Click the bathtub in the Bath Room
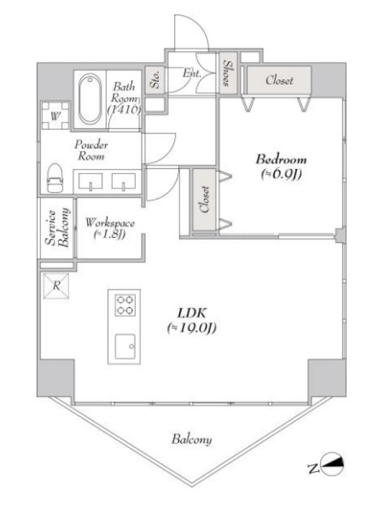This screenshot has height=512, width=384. (90, 99)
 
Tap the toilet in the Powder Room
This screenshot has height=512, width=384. (55, 178)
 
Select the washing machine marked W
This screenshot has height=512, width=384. (56, 116)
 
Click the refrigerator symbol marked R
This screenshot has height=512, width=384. (56, 286)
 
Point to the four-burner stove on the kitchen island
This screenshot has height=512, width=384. (125, 305)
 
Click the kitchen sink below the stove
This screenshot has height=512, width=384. (125, 346)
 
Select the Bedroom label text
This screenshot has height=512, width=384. (281, 159)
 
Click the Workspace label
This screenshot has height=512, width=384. (110, 223)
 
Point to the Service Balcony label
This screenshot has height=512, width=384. (58, 228)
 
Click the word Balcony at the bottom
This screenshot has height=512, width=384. (191, 440)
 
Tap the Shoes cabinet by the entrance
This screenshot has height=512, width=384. (228, 73)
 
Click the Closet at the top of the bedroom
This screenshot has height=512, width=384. (279, 80)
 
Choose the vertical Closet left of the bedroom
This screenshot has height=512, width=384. (204, 200)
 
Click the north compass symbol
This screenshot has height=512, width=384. (333, 464)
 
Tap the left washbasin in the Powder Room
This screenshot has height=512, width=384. (90, 181)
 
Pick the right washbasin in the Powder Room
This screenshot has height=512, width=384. (124, 181)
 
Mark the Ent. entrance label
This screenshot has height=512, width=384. (191, 73)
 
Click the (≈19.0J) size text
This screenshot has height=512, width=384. (191, 328)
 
